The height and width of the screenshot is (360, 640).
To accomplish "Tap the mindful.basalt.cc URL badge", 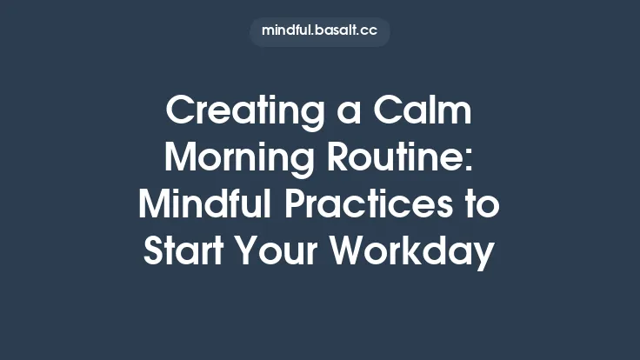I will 320,31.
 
